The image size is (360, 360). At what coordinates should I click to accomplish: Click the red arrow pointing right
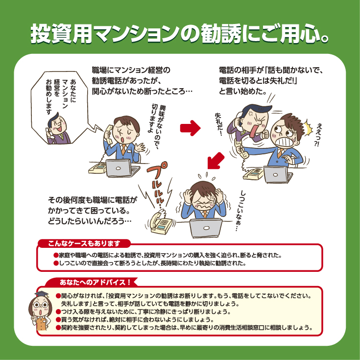191,128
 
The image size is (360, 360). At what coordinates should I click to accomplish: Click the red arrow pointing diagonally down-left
216,161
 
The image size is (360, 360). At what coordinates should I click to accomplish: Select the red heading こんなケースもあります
84,243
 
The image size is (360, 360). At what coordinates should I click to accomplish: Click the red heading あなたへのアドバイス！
95,282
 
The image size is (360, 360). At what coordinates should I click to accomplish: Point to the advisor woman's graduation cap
42,294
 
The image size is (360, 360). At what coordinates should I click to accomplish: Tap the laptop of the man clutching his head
206,228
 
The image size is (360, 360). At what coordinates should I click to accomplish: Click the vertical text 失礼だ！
219,124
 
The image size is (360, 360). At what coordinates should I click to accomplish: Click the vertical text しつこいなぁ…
240,210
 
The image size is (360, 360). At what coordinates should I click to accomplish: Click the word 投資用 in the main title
61,33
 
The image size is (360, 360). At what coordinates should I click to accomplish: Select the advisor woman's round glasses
40,305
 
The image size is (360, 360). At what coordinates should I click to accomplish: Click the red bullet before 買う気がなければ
58,319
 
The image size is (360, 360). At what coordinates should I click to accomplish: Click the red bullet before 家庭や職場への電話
56,255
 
